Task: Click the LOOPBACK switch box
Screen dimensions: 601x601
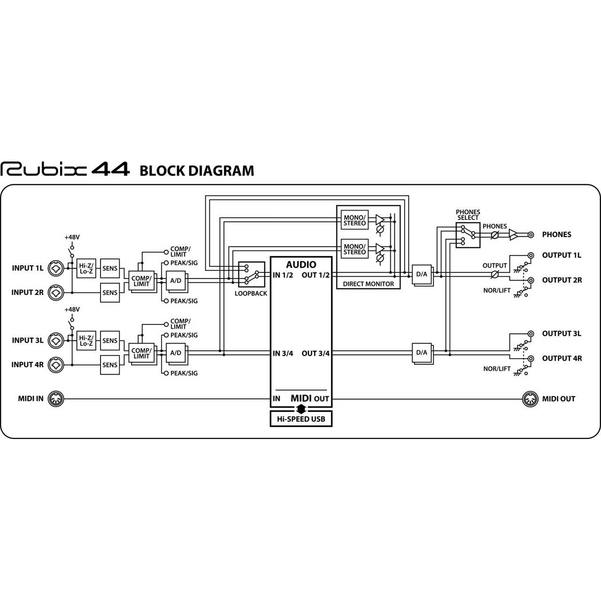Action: [x=251, y=274]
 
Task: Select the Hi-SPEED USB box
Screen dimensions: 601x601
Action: [x=301, y=419]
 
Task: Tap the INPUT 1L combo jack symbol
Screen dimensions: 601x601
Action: [x=56, y=268]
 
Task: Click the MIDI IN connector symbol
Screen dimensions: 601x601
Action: [x=56, y=399]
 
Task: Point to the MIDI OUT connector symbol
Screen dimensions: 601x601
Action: [x=530, y=399]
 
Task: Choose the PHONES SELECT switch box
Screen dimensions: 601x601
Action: [x=468, y=235]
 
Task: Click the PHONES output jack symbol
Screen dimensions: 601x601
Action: [x=531, y=235]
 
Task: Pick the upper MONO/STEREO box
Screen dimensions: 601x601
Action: [x=354, y=220]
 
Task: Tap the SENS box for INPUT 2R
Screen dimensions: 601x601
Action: [x=110, y=293]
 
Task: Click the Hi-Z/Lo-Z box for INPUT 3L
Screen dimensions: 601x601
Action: [x=86, y=340]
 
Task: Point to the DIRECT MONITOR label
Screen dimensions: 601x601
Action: [x=368, y=284]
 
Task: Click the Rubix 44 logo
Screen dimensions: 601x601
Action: [x=65, y=169]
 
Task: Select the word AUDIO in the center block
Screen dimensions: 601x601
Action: [x=301, y=264]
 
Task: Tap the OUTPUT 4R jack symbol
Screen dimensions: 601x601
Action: [x=531, y=358]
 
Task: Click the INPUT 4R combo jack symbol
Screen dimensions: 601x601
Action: [x=56, y=365]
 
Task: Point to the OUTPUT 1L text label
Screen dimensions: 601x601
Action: [x=562, y=255]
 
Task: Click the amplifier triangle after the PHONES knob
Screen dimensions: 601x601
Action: [x=513, y=235]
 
